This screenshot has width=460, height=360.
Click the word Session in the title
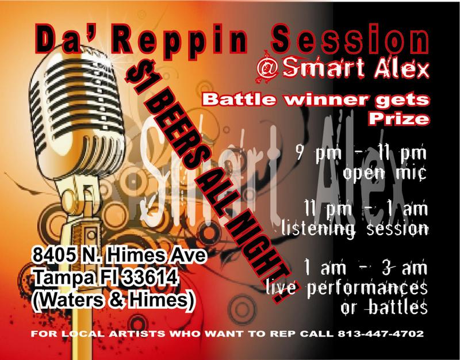tap(350, 39)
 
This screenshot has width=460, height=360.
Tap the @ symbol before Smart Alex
tap(267, 68)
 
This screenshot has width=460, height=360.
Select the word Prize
tap(398, 118)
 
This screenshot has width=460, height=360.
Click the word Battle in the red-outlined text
tap(239, 99)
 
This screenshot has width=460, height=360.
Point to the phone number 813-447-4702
tap(381, 334)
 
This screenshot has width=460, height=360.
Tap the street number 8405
tap(53, 255)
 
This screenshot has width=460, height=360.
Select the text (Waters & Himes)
tap(114, 300)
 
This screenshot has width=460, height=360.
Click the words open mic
tap(384, 173)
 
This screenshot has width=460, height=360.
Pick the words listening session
tap(354, 229)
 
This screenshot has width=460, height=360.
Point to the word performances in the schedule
tap(367, 289)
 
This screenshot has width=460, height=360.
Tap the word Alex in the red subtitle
tap(401, 68)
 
